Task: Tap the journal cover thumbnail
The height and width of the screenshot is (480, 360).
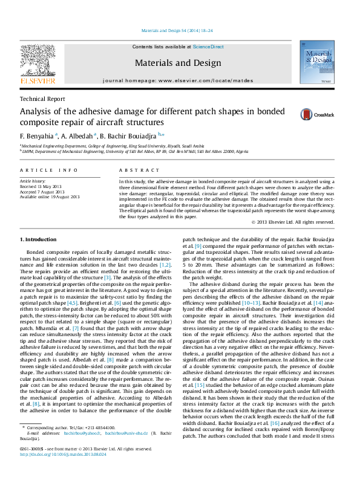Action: click(x=318, y=65)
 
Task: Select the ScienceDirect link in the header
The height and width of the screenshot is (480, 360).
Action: click(x=208, y=47)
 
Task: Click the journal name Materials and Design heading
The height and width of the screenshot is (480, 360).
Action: click(x=177, y=63)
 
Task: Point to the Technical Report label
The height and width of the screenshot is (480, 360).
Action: click(x=42, y=99)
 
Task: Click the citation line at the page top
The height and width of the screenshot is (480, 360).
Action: click(x=177, y=30)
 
